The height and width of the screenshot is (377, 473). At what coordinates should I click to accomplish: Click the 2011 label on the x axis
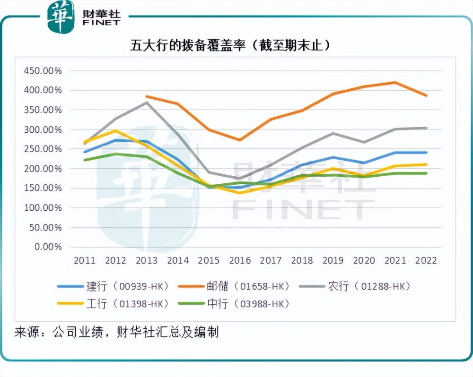pyautogui.click(x=84, y=260)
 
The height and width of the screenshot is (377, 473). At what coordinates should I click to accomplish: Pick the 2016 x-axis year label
pyautogui.click(x=239, y=260)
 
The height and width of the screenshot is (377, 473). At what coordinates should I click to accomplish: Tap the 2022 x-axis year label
pyautogui.click(x=426, y=260)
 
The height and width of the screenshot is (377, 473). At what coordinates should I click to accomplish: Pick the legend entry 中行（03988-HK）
pyautogui.click(x=248, y=304)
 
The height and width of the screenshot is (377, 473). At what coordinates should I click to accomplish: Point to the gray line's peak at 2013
pyautogui.click(x=147, y=103)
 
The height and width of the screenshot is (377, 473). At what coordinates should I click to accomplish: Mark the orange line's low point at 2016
pyautogui.click(x=239, y=140)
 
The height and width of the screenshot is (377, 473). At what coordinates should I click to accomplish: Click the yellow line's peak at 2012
pyautogui.click(x=115, y=130)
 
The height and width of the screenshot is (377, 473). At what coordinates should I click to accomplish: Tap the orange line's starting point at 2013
pyautogui.click(x=147, y=96)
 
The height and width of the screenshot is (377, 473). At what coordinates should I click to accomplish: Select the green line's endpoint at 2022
pyautogui.click(x=426, y=173)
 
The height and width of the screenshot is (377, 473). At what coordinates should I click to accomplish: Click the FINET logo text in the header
pyautogui.click(x=101, y=22)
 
